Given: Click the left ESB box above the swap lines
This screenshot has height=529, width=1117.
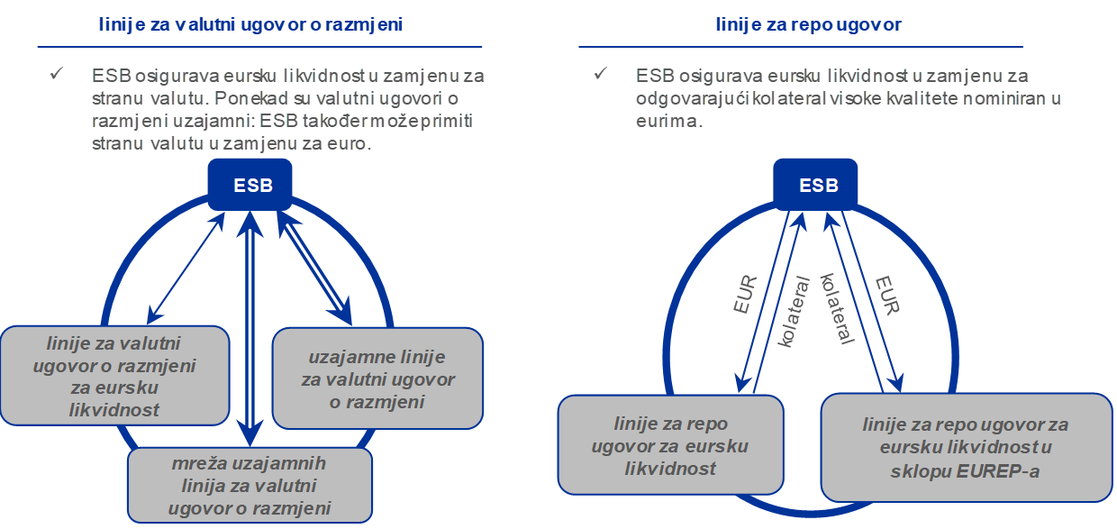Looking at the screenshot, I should tap(252, 186).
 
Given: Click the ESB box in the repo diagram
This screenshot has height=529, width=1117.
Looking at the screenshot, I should tap(819, 186).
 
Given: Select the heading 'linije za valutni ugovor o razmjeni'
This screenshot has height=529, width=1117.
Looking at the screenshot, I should tap(250, 25).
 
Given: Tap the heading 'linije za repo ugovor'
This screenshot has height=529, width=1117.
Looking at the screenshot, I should tap(808, 25).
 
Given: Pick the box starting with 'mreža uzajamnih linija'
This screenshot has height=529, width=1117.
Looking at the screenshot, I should tap(250, 486).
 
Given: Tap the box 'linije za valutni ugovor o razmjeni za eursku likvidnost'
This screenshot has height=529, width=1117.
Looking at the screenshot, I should tap(114, 375).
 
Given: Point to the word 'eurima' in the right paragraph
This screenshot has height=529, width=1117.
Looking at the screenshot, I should tap(666, 121).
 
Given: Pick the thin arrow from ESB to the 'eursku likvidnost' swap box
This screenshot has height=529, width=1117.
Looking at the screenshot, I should tap(186, 268).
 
